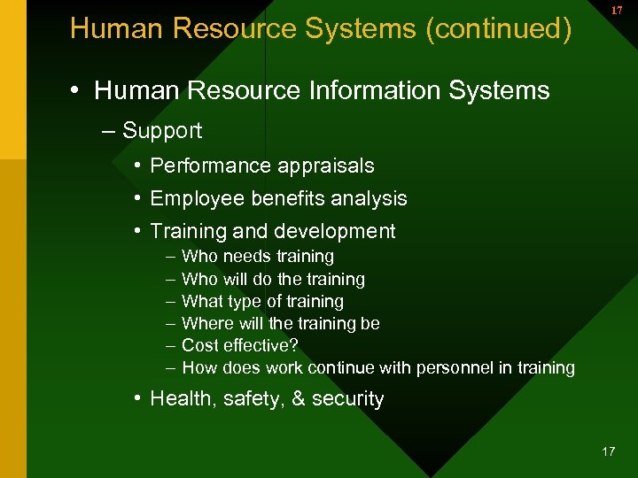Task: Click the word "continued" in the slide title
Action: [x=504, y=29]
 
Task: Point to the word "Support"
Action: [x=162, y=131]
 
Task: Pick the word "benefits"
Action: [x=277, y=199]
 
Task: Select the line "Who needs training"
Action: [x=257, y=257]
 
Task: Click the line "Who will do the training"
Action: [x=273, y=279]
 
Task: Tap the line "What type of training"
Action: [x=262, y=301]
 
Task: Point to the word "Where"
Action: [x=206, y=323]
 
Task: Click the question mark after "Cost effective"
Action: [x=294, y=345]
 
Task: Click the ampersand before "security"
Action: [x=298, y=399]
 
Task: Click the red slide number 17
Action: [x=616, y=11]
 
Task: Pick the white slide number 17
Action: [x=608, y=451]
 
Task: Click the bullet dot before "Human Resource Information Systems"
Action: [x=77, y=91]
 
